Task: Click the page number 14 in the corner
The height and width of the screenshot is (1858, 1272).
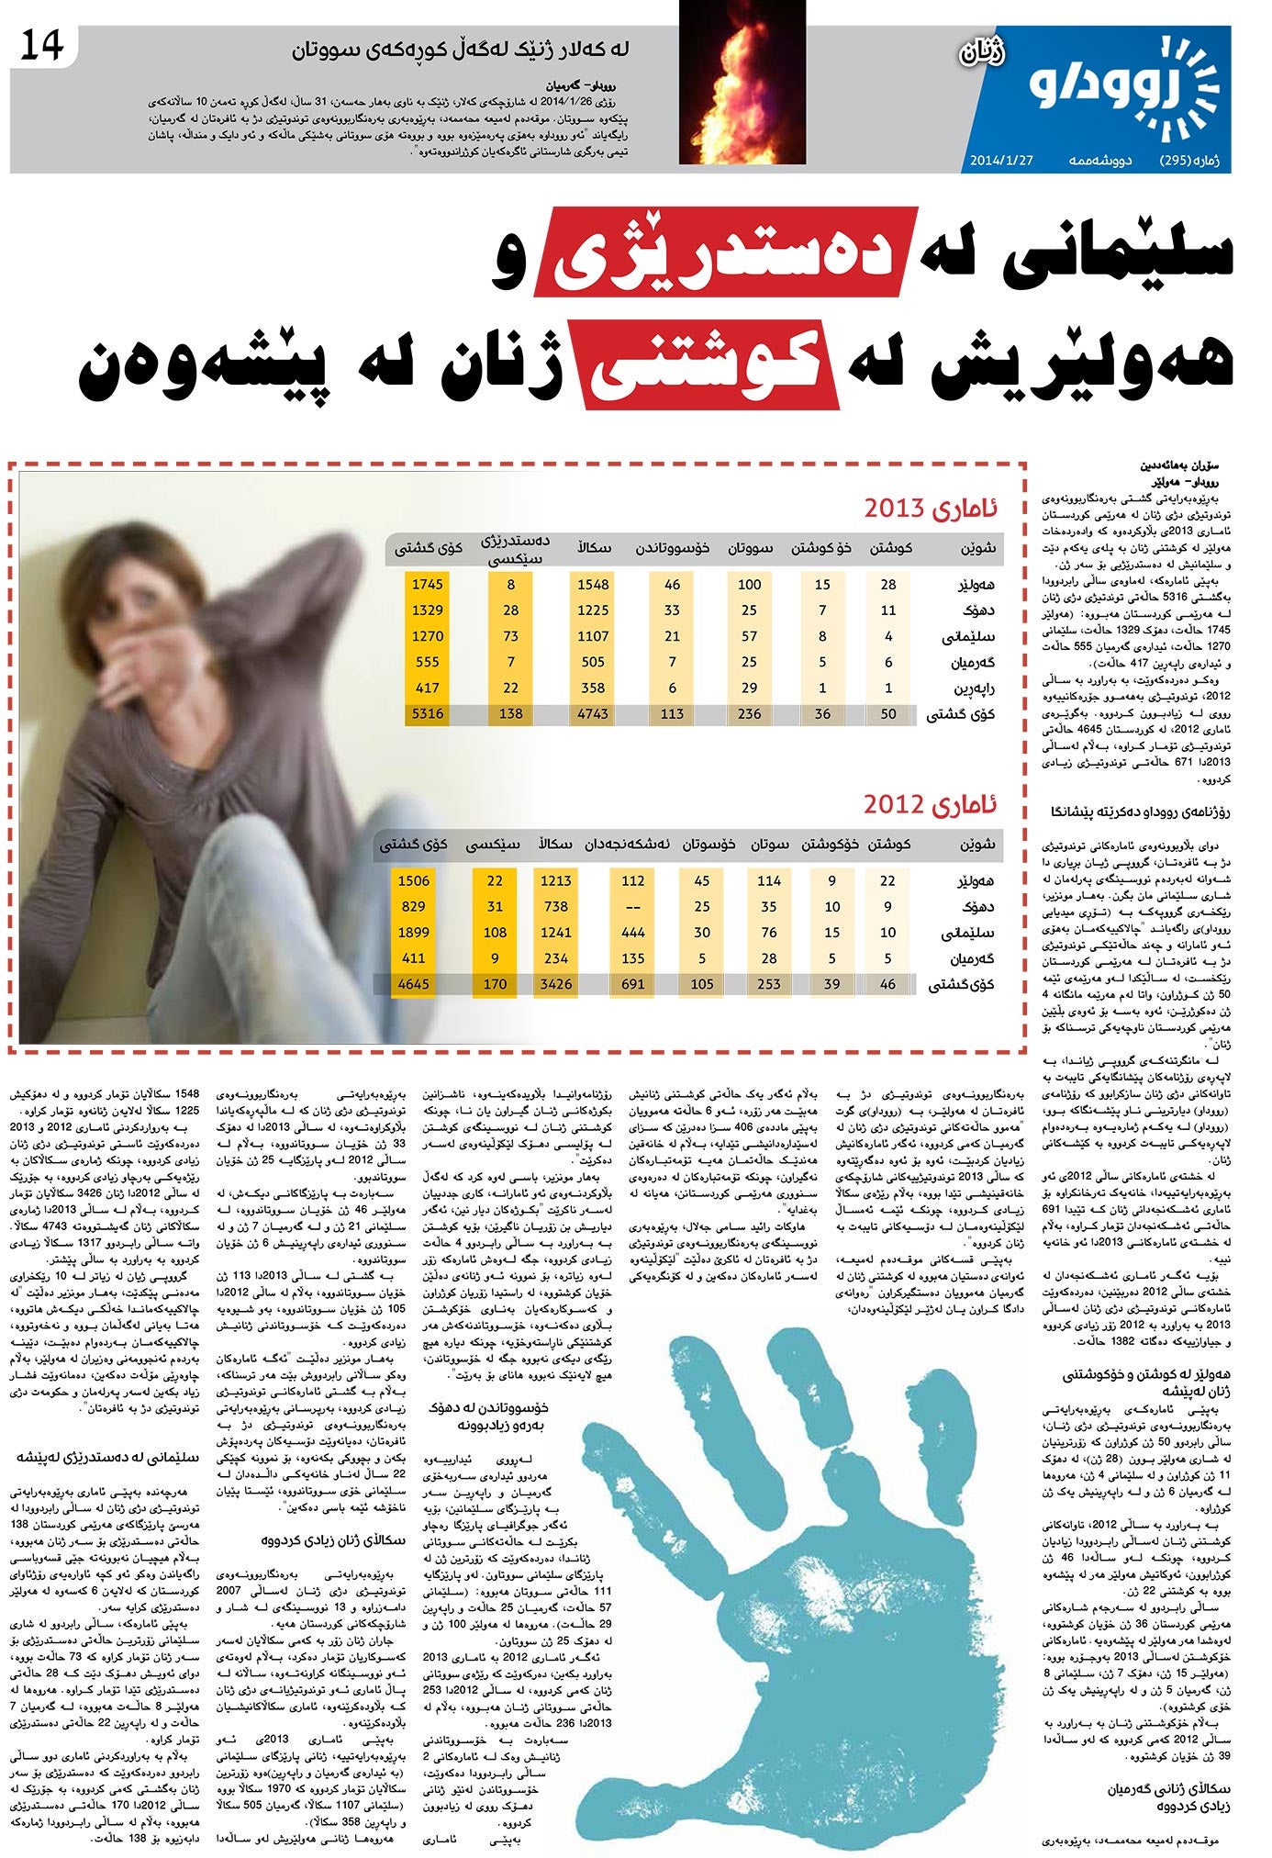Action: [42, 45]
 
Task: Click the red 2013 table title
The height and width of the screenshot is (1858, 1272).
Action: [932, 509]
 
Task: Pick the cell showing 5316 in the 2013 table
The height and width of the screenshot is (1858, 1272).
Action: [427, 713]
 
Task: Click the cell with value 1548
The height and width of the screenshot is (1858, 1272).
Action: [593, 584]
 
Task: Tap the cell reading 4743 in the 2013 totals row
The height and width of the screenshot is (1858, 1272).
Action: [593, 713]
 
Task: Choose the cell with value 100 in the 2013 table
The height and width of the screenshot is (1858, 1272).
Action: [750, 584]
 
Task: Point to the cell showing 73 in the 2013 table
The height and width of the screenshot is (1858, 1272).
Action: [510, 635]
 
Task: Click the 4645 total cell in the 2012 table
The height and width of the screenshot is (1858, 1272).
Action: [413, 984]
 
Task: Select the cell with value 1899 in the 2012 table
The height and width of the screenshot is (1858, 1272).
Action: [413, 933]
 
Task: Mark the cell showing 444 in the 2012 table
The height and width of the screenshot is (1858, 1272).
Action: [632, 933]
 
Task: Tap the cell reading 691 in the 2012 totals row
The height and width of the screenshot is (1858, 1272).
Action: [632, 984]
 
